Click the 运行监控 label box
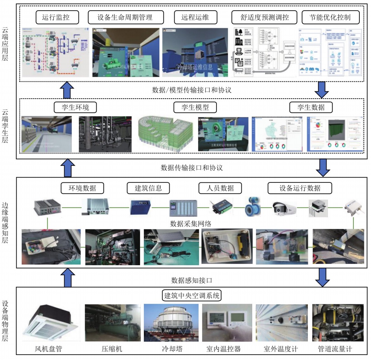coord(57,17)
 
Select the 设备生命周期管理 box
coord(125,17)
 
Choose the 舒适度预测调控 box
coord(264,17)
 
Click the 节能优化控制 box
coord(330,17)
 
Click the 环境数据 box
coord(83,188)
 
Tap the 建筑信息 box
coord(148,188)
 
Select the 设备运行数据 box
coord(300,188)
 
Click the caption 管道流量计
coord(335,349)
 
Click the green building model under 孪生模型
coord(165,133)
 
